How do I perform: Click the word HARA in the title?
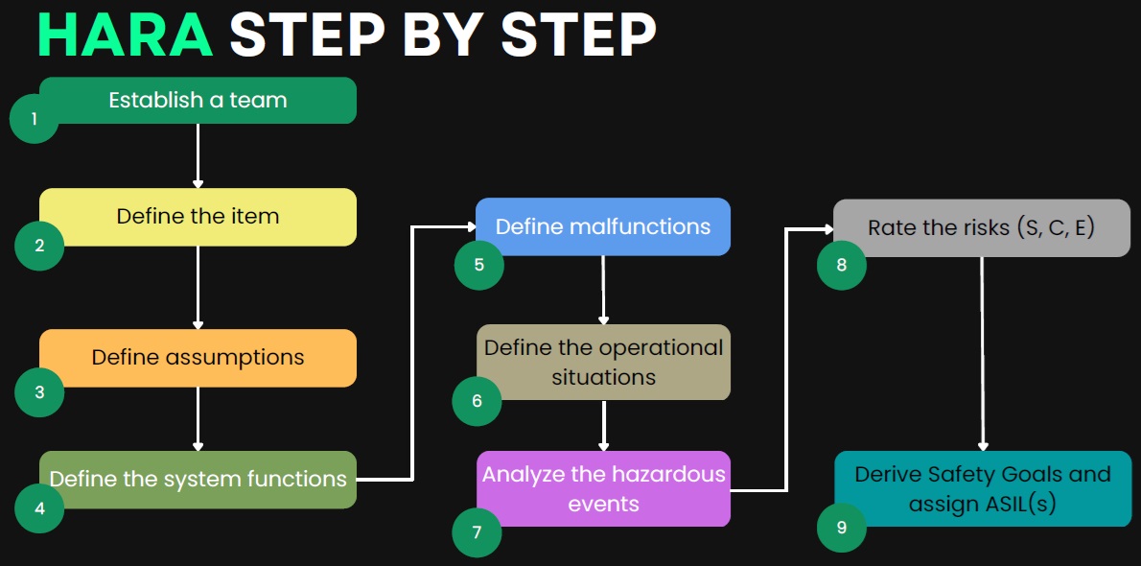coord(126,34)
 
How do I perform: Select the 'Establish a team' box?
coord(198,101)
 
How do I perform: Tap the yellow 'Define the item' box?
coord(198,217)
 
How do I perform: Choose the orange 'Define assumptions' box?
coord(198,358)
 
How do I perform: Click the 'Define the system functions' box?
coord(198,480)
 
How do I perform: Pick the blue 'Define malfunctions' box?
coord(603,226)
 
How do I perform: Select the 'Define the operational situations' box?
coord(603,362)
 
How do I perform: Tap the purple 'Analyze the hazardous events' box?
coord(603,489)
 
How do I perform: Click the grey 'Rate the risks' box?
coord(982,228)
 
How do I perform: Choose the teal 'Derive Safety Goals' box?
coord(983,489)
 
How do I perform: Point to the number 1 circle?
coord(35,118)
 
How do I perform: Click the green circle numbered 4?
coord(39,508)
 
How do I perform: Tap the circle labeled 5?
coord(478,265)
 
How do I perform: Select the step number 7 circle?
coord(477,532)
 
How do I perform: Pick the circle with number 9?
coord(842,528)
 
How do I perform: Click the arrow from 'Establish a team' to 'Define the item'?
coord(198,155)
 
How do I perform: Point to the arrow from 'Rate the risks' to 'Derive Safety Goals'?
coord(983,354)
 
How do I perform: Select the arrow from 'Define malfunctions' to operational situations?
coord(603,290)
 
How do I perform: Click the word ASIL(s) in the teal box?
coord(1018,504)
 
